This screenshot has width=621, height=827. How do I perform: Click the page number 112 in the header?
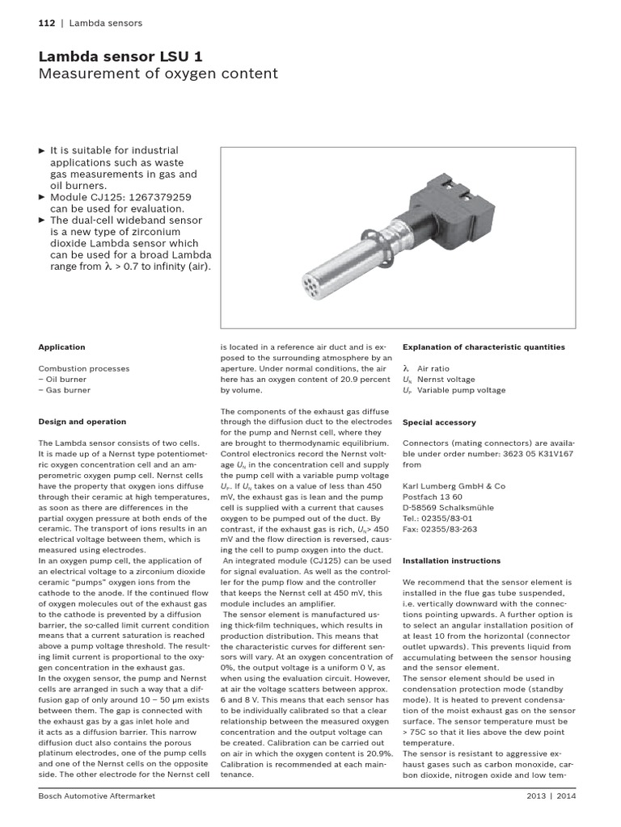(x=46, y=23)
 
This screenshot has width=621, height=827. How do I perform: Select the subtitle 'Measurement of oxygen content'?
(x=158, y=74)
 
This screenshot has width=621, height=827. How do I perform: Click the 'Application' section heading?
(x=61, y=347)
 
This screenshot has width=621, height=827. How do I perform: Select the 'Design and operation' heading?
(x=82, y=422)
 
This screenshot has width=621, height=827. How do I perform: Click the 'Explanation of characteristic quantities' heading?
(x=484, y=347)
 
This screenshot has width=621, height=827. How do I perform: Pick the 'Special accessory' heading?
(x=439, y=422)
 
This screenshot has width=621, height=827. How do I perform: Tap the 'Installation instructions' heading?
(x=451, y=560)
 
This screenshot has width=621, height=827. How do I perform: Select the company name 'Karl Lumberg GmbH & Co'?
(x=454, y=486)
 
